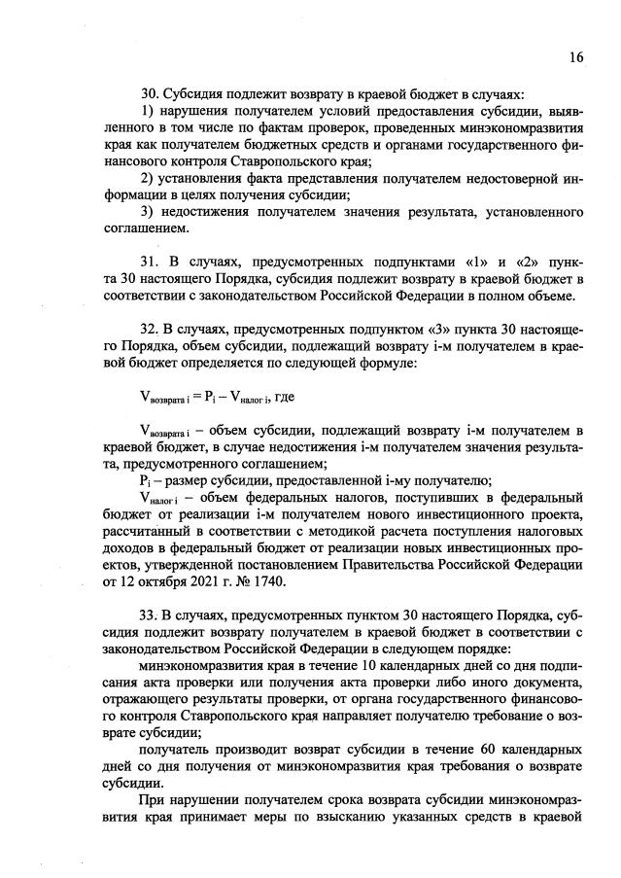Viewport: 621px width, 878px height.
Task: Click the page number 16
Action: (576, 57)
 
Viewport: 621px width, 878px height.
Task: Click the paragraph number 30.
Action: (150, 94)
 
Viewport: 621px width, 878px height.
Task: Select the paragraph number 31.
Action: (150, 263)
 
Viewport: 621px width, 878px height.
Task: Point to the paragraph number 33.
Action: (150, 616)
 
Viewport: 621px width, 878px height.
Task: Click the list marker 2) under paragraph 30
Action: (148, 178)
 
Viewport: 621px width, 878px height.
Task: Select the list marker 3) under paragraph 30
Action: (148, 212)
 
